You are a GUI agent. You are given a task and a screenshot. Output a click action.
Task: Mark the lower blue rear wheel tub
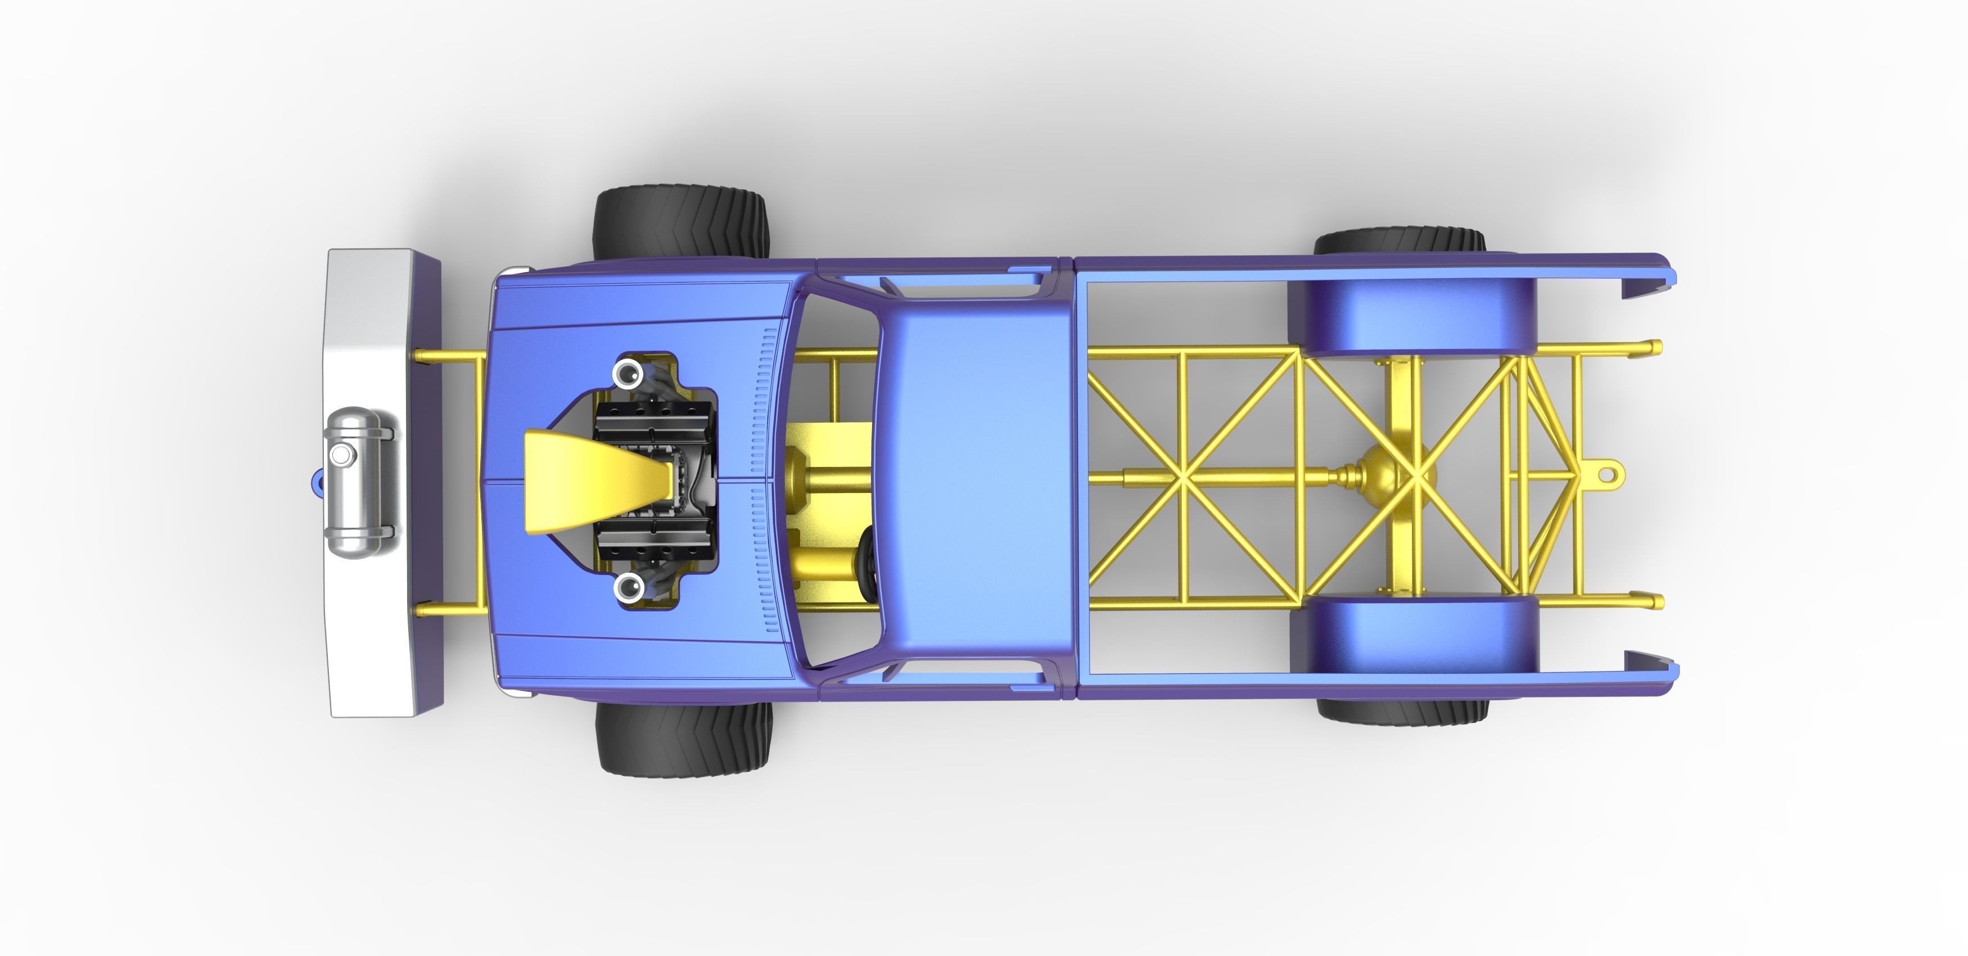pos(1414,634)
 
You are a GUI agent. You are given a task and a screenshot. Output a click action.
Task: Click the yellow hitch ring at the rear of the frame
pos(1606,473)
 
